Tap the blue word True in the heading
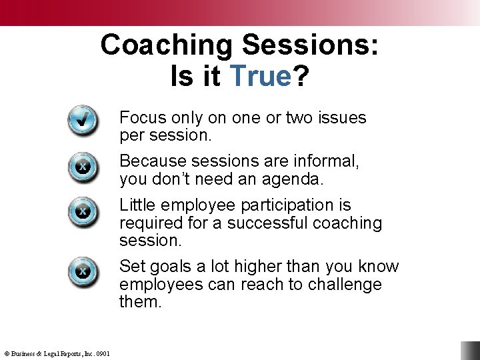(260, 77)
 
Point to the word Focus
(141, 118)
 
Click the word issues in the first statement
(342, 118)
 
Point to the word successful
(266, 223)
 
